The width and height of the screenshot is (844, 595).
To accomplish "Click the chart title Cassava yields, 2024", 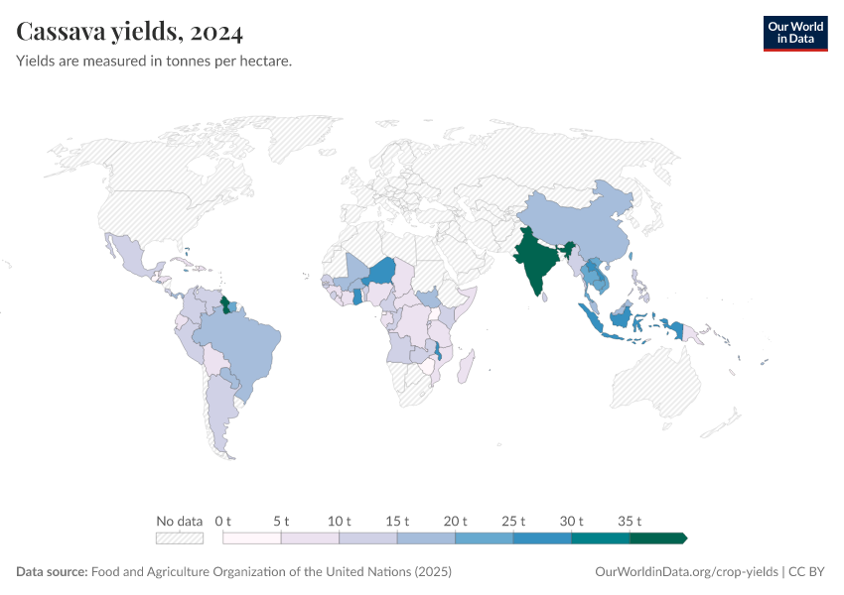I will (130, 32).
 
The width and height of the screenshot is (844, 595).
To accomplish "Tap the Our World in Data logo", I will (794, 32).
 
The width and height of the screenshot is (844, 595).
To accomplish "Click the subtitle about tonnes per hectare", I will (153, 61).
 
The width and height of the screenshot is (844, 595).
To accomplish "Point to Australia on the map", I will (655, 382).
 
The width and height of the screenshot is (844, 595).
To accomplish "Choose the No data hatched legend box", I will (180, 537).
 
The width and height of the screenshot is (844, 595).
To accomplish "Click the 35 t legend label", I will (631, 521).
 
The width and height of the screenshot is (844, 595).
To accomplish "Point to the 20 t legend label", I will (456, 521).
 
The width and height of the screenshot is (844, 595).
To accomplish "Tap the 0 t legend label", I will (222, 521).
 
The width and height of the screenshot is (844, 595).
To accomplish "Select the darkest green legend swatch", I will (657, 537).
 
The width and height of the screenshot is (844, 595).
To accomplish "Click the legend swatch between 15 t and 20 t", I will (426, 537).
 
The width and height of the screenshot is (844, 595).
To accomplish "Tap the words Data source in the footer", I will (52, 572).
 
